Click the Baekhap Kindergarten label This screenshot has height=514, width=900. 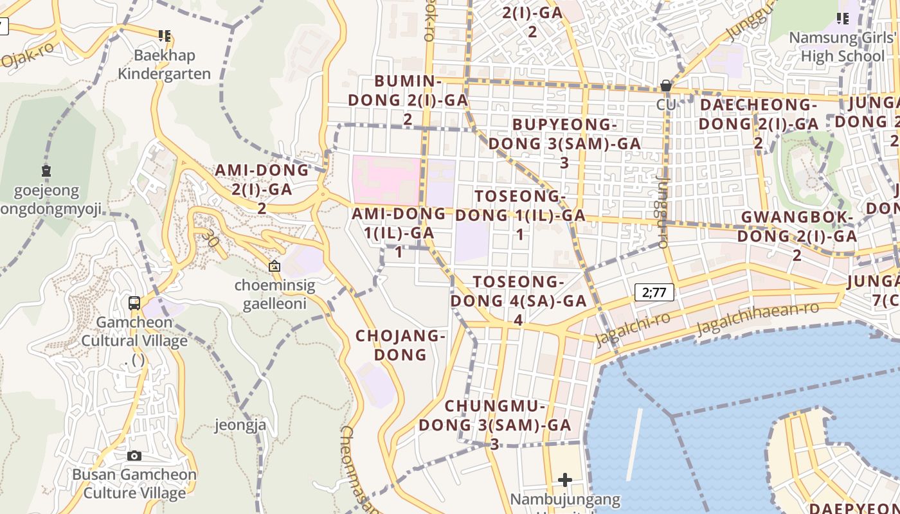164,65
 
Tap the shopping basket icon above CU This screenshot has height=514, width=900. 666,85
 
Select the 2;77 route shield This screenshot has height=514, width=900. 654,293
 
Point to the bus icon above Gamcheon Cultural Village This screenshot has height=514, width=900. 134,303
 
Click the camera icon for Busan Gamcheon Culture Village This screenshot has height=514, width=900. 134,456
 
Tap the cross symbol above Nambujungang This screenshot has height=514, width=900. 565,479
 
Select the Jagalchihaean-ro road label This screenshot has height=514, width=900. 759,318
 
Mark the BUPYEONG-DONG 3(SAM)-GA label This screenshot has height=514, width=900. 564,143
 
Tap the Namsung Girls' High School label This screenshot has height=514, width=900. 842,46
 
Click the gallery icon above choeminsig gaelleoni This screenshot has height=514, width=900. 274,266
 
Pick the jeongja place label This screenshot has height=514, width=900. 240,425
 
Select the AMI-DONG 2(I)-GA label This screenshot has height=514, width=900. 262,188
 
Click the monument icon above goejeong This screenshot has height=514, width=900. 46,171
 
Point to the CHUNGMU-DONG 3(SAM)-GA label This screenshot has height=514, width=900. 495,425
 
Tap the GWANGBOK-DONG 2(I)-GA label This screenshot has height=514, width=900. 797,236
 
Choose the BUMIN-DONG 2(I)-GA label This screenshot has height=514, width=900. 408,100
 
